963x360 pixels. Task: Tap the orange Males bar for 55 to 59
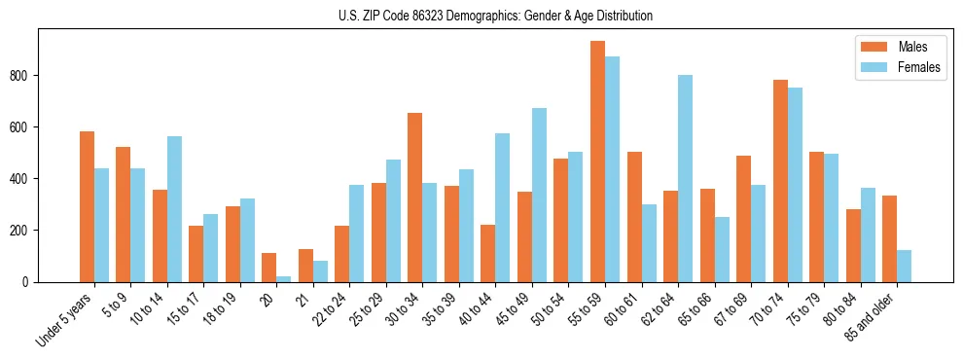[x=597, y=162]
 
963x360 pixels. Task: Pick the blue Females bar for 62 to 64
[x=685, y=178]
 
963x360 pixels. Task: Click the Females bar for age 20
[x=283, y=278]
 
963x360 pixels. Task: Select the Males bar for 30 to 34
[x=414, y=198]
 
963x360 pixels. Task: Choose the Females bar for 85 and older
[x=904, y=266]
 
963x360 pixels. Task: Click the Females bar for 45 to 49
[x=539, y=195]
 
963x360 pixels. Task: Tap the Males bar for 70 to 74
[x=779, y=181]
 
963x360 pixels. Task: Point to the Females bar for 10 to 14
[x=174, y=209]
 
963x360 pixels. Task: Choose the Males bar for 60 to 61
[x=633, y=217]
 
